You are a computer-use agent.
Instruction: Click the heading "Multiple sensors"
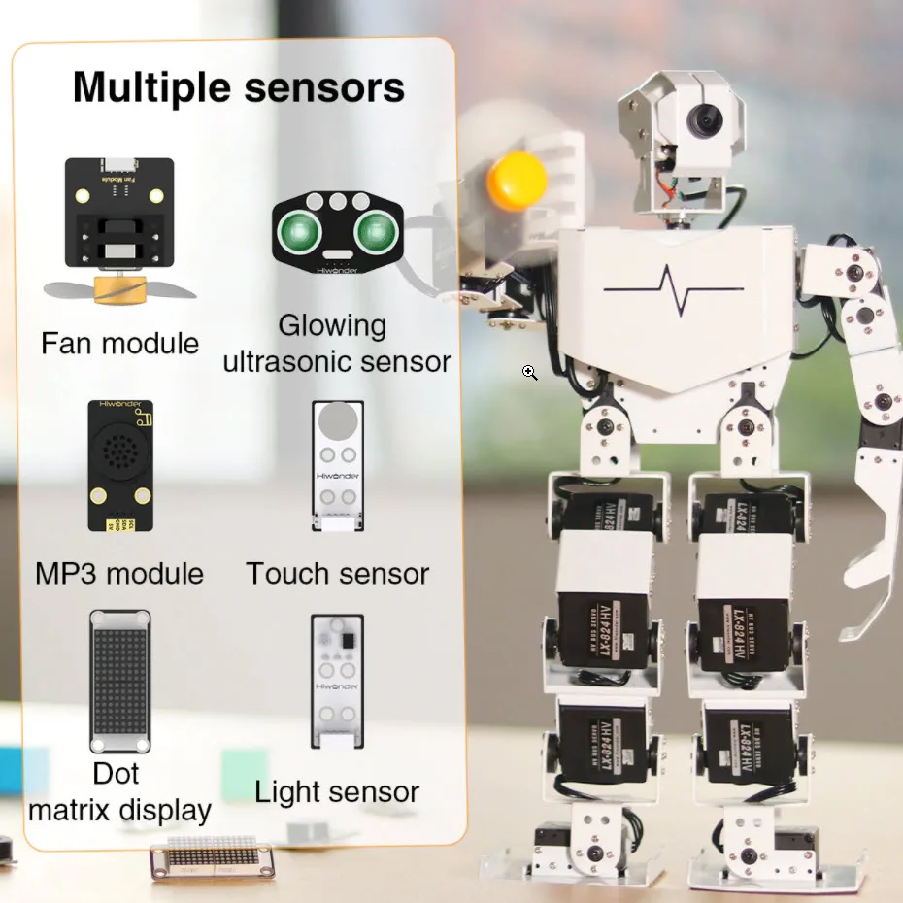238,87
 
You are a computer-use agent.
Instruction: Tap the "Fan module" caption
119,343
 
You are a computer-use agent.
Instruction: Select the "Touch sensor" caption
337,573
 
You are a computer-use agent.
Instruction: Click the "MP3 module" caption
119,573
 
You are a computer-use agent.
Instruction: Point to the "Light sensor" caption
337,791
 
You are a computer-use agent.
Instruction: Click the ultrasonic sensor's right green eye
374,231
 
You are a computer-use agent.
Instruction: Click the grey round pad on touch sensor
338,420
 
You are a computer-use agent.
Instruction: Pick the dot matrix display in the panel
119,682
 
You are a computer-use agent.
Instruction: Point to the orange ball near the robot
517,181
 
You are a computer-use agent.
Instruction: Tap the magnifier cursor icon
529,373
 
